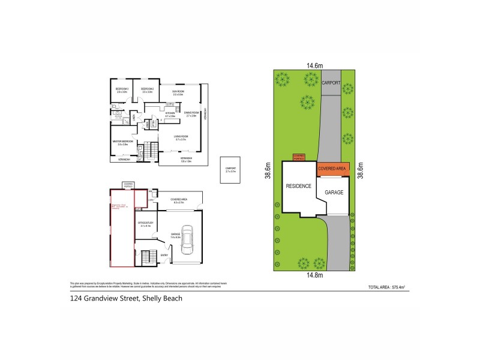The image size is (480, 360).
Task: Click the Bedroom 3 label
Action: (x=122, y=90)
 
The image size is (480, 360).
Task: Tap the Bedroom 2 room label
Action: (x=148, y=90)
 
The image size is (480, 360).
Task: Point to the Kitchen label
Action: (x=170, y=114)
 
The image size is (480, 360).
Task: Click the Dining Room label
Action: (x=191, y=113)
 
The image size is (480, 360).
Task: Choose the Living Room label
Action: (x=181, y=137)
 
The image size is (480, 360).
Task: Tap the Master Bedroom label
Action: (x=122, y=143)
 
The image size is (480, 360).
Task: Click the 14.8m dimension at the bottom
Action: (x=315, y=275)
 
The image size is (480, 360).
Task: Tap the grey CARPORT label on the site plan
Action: (x=330, y=82)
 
